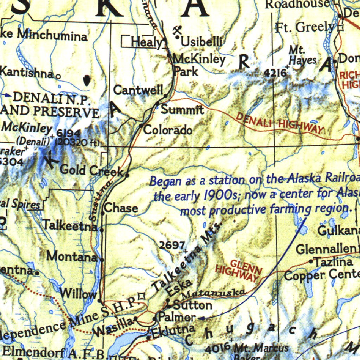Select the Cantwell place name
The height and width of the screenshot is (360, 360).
tap(138, 90)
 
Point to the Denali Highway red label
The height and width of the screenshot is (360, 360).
tap(279, 123)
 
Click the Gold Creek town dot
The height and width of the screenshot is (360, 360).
tap(127, 175)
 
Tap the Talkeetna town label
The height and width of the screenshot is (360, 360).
tap(70, 225)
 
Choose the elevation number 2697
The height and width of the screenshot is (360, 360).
tap(171, 245)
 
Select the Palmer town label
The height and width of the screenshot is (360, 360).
tap(176, 317)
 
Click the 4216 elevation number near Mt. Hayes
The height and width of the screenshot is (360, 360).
tap(275, 73)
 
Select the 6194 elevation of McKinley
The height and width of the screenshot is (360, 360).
tap(68, 133)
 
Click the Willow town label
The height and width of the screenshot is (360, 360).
tap(78, 293)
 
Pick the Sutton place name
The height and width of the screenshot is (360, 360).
tap(192, 305)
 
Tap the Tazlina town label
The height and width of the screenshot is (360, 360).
tap(334, 262)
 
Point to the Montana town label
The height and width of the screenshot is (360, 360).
tap(72, 256)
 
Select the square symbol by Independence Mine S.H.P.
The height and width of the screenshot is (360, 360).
tap(142, 296)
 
